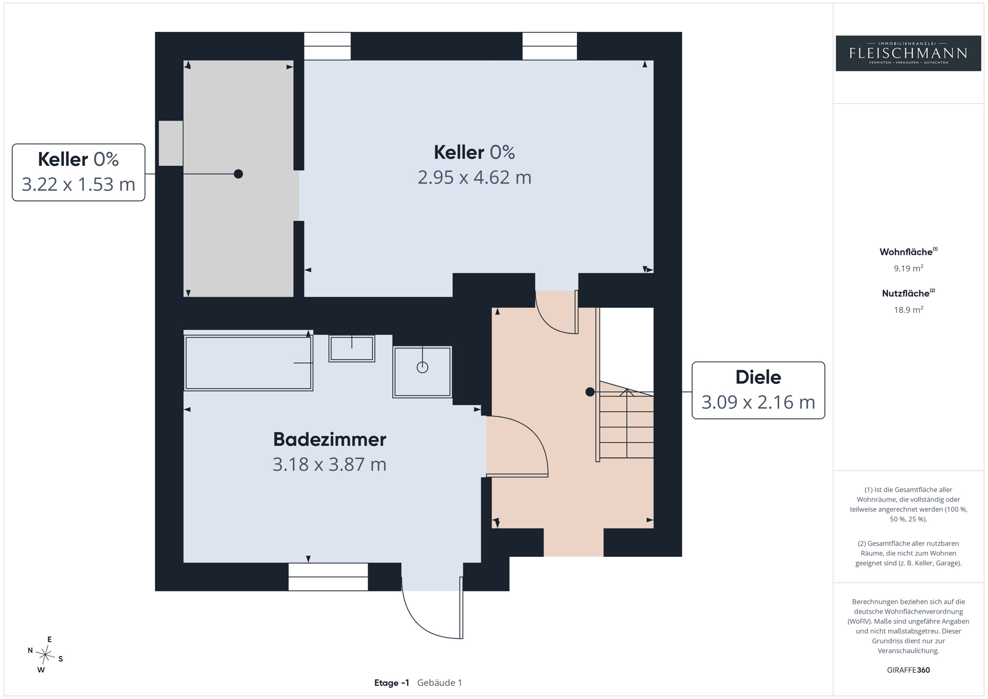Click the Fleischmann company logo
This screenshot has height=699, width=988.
pos(908,53)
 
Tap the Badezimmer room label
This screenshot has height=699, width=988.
pos(329,440)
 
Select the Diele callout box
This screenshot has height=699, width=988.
pos(758,390)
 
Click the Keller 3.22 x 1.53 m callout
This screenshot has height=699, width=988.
pos(78,172)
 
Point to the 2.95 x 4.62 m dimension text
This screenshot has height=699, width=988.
pos(474,178)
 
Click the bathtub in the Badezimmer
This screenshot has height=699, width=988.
pos(249,363)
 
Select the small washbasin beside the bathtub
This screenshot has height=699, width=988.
pos(352,348)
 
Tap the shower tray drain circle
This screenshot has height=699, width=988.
pos(422,368)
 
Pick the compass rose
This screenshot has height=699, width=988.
pos(45,655)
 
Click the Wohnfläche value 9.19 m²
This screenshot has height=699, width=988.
pos(908,268)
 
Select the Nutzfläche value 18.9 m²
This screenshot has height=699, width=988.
pos(908,310)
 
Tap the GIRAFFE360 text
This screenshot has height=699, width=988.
pos(908,670)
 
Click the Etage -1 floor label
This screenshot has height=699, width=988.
pos(392,683)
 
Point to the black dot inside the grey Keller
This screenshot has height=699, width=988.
pos(238,174)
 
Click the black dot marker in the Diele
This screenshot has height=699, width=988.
pos(590,392)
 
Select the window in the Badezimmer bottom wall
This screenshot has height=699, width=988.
pos(328,576)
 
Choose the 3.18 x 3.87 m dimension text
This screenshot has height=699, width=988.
pos(329,465)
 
